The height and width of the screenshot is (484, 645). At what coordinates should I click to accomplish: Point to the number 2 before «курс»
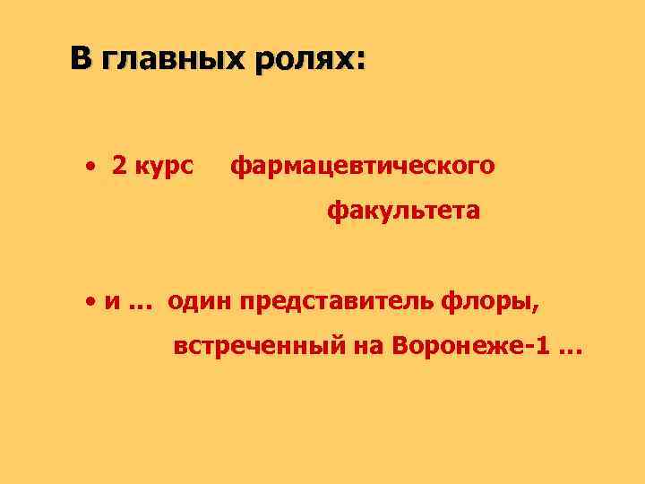click(119, 166)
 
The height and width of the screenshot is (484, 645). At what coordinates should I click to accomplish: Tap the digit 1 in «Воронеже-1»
click(539, 346)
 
